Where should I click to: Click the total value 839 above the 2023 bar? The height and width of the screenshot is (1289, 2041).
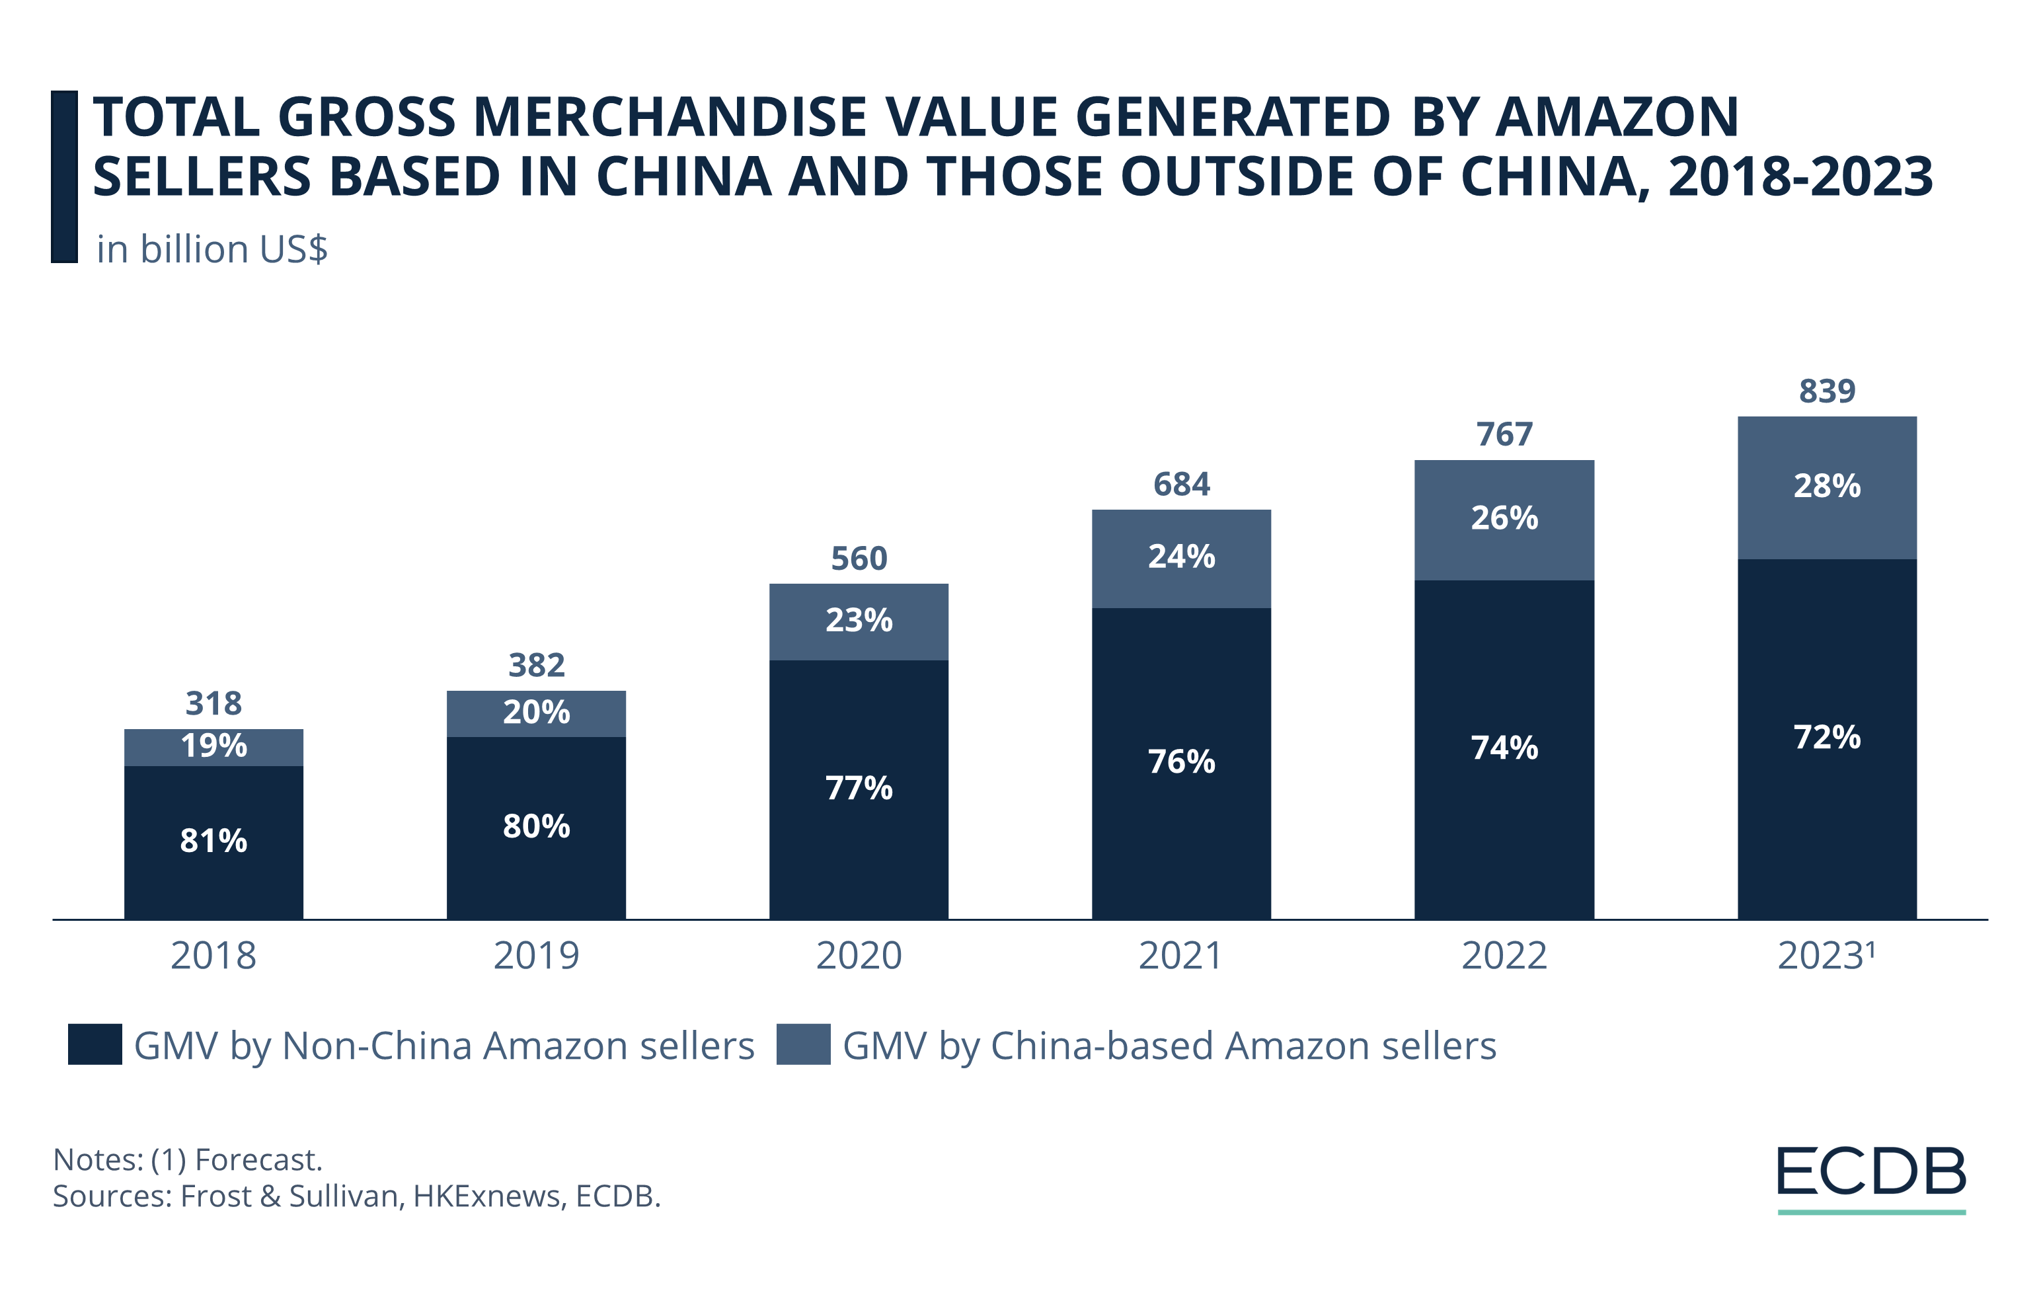(x=1827, y=391)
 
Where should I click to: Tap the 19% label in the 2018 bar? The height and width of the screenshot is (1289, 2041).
(x=213, y=746)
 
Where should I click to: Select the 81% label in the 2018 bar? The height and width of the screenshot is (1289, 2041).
(x=213, y=841)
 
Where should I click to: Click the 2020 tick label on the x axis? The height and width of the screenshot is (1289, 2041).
(x=859, y=956)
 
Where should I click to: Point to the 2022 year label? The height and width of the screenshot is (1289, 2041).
(x=1504, y=956)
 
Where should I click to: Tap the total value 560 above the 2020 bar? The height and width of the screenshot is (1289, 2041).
(x=859, y=559)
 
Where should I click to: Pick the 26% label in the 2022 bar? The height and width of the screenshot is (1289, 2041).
(x=1504, y=518)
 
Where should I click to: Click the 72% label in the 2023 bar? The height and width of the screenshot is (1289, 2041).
(x=1827, y=737)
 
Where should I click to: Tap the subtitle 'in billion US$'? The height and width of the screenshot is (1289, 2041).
(x=212, y=249)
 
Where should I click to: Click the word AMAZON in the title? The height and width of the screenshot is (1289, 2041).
(x=1617, y=117)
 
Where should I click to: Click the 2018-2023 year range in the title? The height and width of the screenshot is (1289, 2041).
(x=1800, y=177)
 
